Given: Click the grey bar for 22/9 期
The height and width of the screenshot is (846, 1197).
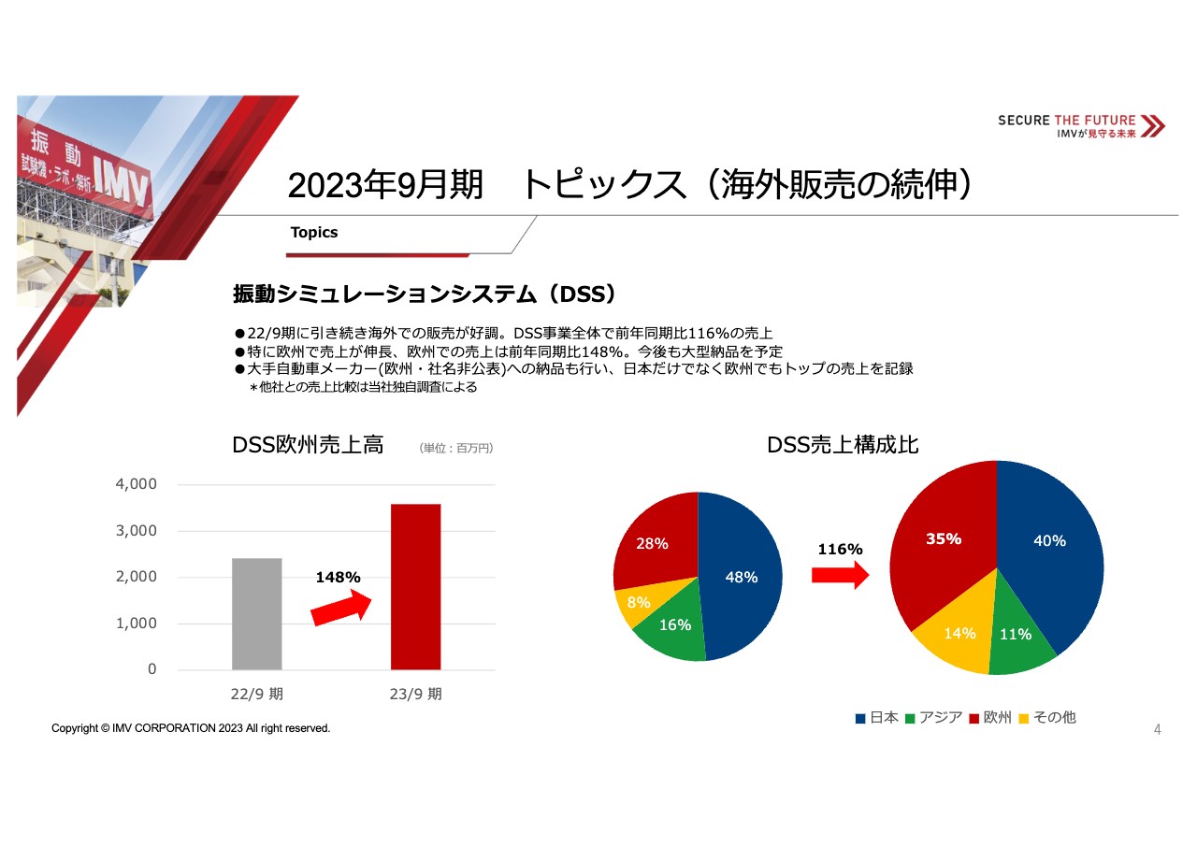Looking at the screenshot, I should point(256,613).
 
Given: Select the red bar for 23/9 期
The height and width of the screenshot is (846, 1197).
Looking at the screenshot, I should point(415,586).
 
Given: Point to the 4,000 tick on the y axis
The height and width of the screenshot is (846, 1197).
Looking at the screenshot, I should point(137,484).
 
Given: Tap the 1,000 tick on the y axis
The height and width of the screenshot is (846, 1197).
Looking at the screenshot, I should point(137,624).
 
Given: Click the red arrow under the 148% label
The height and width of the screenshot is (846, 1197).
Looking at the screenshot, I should point(341,609).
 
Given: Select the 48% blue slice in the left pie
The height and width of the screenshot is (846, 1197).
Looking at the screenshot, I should point(741,577).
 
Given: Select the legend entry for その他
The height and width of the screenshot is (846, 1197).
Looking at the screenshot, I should point(1047,718).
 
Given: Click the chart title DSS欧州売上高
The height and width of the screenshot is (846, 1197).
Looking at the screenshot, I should point(308,446).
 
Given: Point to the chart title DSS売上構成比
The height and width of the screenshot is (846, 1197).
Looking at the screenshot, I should point(843,446).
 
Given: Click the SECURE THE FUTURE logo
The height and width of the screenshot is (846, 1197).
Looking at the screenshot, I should point(1081,126).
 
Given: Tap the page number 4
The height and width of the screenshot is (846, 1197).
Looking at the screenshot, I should point(1157,729).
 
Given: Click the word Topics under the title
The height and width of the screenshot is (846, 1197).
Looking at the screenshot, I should point(314,233).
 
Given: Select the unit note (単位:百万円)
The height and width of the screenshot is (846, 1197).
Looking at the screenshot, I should point(456,449).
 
